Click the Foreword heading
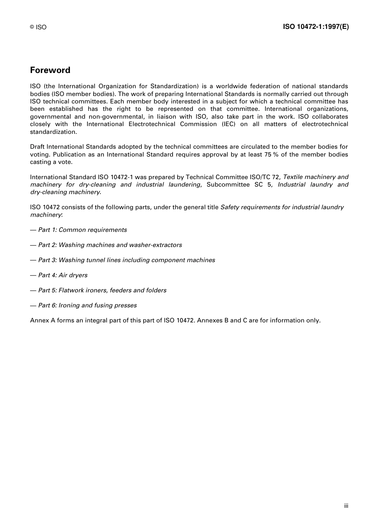pyautogui.click(x=50, y=70)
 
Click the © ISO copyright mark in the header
pyautogui.click(x=38, y=27)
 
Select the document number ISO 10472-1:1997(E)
pyautogui.click(x=316, y=27)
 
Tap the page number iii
pyautogui.click(x=346, y=506)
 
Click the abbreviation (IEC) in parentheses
pyautogui.click(x=229, y=124)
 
